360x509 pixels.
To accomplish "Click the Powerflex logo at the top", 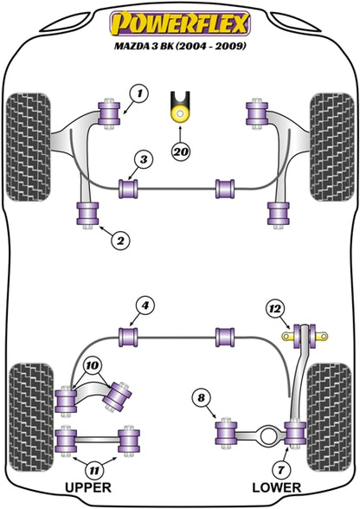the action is point(180,23).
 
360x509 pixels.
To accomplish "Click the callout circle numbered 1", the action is point(139,93).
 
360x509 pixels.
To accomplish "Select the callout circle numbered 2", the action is point(120,241).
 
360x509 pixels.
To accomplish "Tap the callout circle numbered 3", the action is point(144,159).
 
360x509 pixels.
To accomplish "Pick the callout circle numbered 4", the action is point(145,306).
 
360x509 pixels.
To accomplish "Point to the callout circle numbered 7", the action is point(280,469).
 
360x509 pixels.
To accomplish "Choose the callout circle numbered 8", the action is point(202,397).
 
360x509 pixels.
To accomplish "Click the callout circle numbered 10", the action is point(93,366).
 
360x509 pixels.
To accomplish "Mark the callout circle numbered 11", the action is point(93,470).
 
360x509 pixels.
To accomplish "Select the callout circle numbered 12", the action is point(274,309).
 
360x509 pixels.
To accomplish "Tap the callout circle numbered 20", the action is point(181,151).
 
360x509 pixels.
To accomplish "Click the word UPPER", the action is point(88,487).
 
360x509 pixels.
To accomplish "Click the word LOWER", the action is point(277,487).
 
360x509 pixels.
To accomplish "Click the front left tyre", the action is point(29,147).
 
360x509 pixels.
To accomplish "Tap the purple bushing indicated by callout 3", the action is point(129,189).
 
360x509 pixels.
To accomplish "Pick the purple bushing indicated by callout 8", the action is point(226,433).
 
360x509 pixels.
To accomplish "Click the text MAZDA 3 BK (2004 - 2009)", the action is point(180,46).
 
